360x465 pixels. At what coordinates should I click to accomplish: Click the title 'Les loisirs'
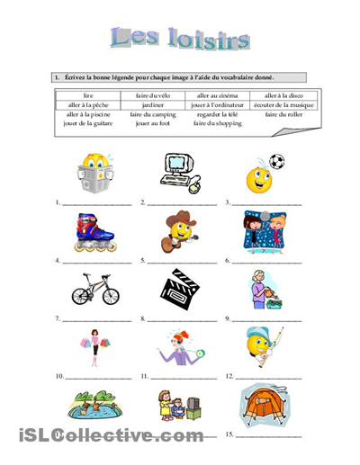180,37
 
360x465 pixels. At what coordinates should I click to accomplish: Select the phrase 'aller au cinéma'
213,94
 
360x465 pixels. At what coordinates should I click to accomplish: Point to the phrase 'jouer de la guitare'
87,124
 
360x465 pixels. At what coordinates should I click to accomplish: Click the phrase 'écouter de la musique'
277,104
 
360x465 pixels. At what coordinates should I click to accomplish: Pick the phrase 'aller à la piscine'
87,114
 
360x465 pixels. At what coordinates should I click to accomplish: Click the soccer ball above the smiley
276,162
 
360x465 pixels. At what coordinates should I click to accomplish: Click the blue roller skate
94,231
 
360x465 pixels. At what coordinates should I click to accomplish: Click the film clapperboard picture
180,289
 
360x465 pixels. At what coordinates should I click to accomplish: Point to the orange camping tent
262,404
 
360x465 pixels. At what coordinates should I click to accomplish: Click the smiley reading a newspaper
94,174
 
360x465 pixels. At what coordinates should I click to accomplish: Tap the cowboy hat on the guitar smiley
180,218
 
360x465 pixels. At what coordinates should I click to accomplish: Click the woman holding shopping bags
94,347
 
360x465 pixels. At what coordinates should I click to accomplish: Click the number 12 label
229,376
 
